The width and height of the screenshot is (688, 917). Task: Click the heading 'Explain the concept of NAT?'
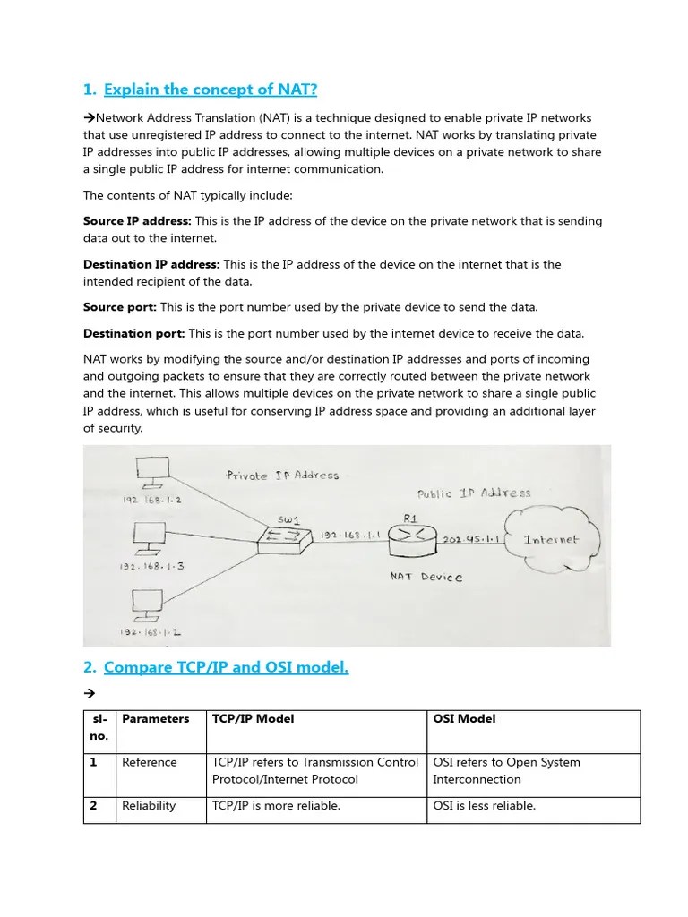click(x=211, y=89)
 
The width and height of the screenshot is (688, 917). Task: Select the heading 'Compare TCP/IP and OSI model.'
click(x=226, y=666)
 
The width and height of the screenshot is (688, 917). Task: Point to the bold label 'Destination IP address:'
click(x=151, y=264)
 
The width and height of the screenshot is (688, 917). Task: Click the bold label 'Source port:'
click(x=120, y=307)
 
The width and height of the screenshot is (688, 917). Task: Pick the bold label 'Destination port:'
click(x=134, y=333)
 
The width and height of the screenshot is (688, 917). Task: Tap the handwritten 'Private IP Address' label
click(x=282, y=475)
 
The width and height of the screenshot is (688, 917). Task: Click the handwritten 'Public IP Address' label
click(x=474, y=493)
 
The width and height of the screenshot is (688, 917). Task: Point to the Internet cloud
click(x=551, y=538)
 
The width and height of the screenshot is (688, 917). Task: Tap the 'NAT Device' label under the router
click(x=426, y=577)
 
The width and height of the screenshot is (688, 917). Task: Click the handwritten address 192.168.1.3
click(x=150, y=566)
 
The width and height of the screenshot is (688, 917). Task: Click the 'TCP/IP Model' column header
click(x=253, y=719)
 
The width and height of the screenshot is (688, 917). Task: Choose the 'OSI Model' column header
click(x=464, y=719)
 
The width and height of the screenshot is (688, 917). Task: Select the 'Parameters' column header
click(x=156, y=719)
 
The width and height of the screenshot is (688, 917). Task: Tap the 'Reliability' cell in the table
click(x=149, y=806)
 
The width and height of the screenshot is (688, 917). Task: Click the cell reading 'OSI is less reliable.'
click(x=484, y=806)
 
